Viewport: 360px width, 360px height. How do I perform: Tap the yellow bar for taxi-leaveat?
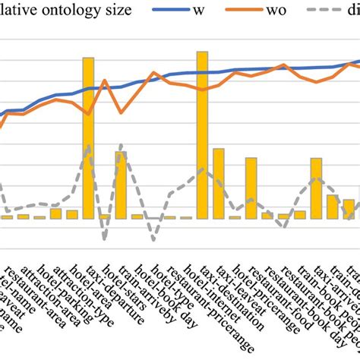pos(219,183)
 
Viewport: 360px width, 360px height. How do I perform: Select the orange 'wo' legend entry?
pos(293,10)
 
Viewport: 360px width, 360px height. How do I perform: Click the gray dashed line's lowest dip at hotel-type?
pos(153,240)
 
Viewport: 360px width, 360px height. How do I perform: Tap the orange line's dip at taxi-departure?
pos(88,115)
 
